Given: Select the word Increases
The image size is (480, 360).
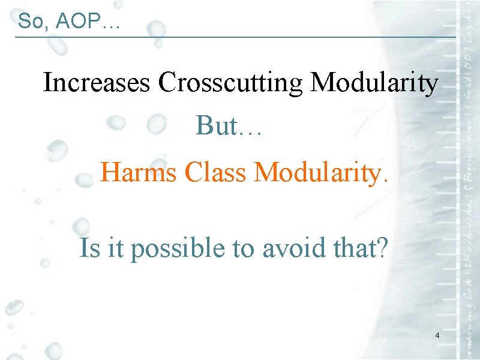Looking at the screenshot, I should pos(96,83).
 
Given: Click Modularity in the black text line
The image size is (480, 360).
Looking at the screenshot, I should pos(374,83).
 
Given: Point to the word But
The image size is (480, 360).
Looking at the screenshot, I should pos(215,125).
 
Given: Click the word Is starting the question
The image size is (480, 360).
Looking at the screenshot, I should pos(89,247).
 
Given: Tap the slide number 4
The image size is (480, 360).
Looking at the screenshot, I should pos(437,335).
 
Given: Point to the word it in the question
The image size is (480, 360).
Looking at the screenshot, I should pos(115,247).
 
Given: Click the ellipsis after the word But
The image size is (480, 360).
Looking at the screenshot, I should pos(250,133).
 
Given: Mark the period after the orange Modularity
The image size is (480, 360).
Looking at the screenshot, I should pos(385,180).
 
